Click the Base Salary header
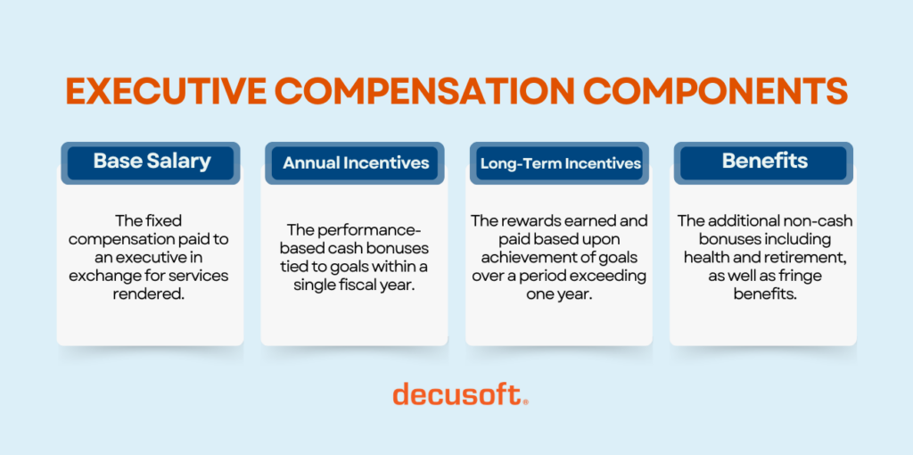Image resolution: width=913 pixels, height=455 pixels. click(x=152, y=161)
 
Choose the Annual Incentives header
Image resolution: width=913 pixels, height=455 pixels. click(x=356, y=162)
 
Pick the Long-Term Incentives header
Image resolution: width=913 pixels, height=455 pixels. click(x=560, y=163)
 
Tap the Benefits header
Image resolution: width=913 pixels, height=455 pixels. click(x=764, y=161)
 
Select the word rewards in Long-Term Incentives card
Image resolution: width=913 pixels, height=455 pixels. click(x=524, y=220)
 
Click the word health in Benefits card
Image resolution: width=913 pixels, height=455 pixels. click(x=703, y=258)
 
